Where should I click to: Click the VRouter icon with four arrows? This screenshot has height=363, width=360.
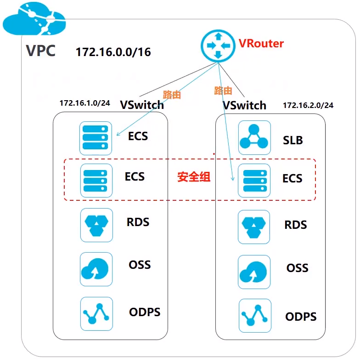(x=218, y=45)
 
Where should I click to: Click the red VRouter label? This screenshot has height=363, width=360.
(x=261, y=44)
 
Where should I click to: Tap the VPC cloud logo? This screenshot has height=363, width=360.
(x=34, y=20)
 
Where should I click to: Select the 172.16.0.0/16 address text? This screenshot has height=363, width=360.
(x=113, y=51)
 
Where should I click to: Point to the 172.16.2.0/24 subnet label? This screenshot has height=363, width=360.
(x=308, y=105)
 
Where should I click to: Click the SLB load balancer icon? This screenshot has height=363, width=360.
(x=254, y=137)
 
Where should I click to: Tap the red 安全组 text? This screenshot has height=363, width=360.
(x=194, y=177)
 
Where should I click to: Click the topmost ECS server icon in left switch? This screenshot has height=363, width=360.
(x=96, y=137)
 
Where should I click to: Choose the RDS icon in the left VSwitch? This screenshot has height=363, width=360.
(x=96, y=225)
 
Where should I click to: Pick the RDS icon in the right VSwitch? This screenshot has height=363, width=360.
(x=254, y=227)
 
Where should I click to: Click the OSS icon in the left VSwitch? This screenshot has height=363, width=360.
(x=96, y=269)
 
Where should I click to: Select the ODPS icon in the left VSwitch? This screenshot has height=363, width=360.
(x=96, y=313)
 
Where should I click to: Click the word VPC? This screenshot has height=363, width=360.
(x=40, y=51)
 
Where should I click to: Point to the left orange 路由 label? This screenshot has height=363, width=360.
(x=172, y=95)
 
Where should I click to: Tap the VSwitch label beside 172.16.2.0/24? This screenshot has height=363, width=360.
(x=244, y=105)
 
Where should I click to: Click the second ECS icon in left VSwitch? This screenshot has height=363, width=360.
(x=96, y=180)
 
